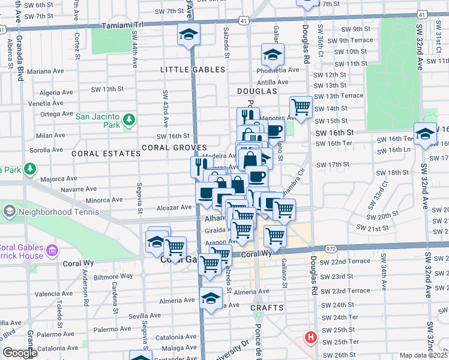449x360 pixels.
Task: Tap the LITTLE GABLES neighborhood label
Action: click(x=193, y=70)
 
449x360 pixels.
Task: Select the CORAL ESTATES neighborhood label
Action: click(x=106, y=154)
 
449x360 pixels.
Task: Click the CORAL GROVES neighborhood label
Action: click(x=174, y=148)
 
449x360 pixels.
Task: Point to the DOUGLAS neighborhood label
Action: click(x=256, y=91)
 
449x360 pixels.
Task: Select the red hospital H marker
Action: click(x=310, y=337)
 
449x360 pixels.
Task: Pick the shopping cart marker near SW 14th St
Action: click(x=301, y=107)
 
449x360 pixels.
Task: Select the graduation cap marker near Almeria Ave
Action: click(x=211, y=298)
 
